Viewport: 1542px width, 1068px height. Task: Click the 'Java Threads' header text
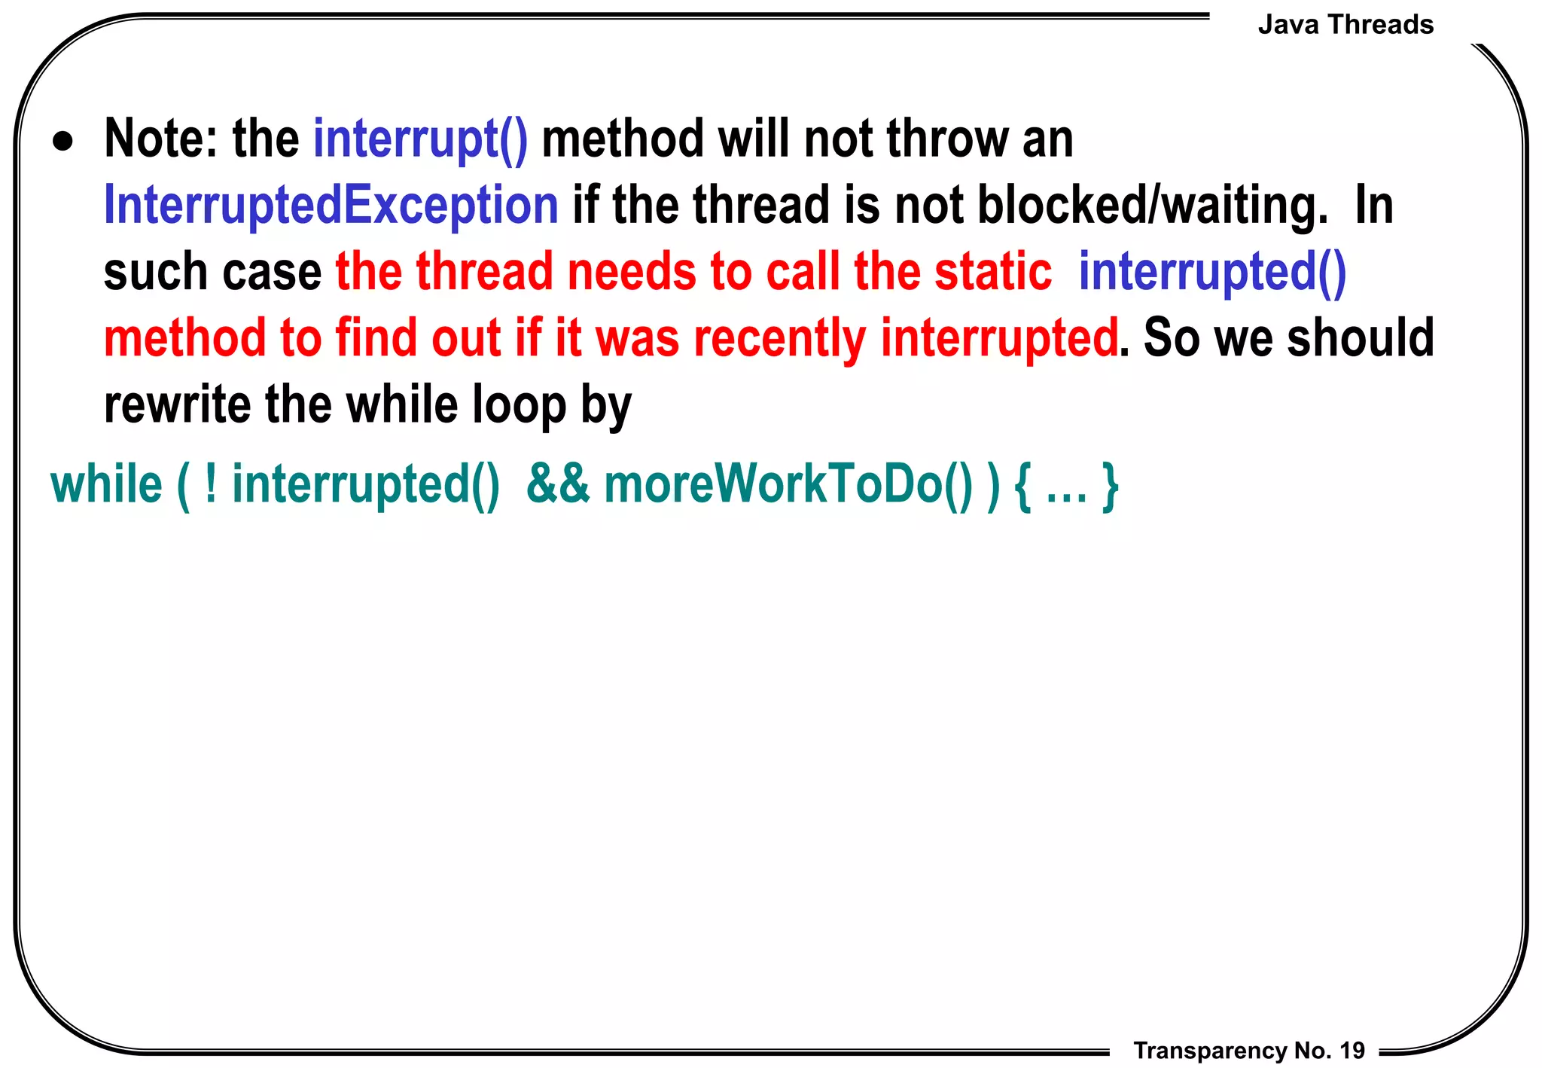click(x=1345, y=25)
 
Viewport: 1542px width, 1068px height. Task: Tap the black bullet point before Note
click(x=63, y=142)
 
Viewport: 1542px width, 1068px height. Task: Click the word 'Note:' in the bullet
click(x=162, y=139)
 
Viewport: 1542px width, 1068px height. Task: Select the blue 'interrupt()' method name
click(x=420, y=139)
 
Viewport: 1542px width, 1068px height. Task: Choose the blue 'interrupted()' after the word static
click(x=1212, y=272)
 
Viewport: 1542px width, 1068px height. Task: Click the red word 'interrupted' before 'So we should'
click(x=999, y=338)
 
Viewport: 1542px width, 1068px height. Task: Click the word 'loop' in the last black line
click(x=519, y=404)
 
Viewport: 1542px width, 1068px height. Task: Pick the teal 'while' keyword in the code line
click(x=106, y=484)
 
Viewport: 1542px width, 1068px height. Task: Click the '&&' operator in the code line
click(x=558, y=484)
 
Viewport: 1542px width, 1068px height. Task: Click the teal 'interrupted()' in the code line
click(x=366, y=484)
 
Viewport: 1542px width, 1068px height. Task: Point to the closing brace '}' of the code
click(x=1110, y=486)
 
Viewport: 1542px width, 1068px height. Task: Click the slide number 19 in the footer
click(x=1352, y=1050)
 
